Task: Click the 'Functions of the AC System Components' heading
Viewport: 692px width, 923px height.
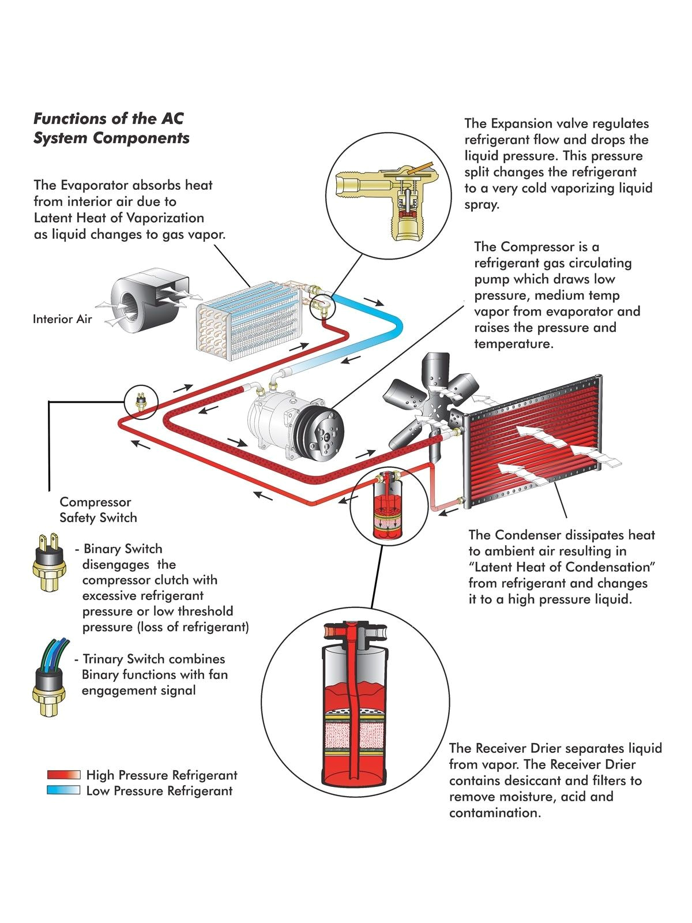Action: [111, 128]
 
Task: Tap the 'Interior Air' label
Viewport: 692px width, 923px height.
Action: [62, 319]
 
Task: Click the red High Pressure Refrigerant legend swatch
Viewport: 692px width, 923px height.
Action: [63, 775]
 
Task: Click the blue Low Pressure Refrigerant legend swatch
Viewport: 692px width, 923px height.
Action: [63, 790]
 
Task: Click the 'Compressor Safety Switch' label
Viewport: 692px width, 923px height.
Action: [98, 509]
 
